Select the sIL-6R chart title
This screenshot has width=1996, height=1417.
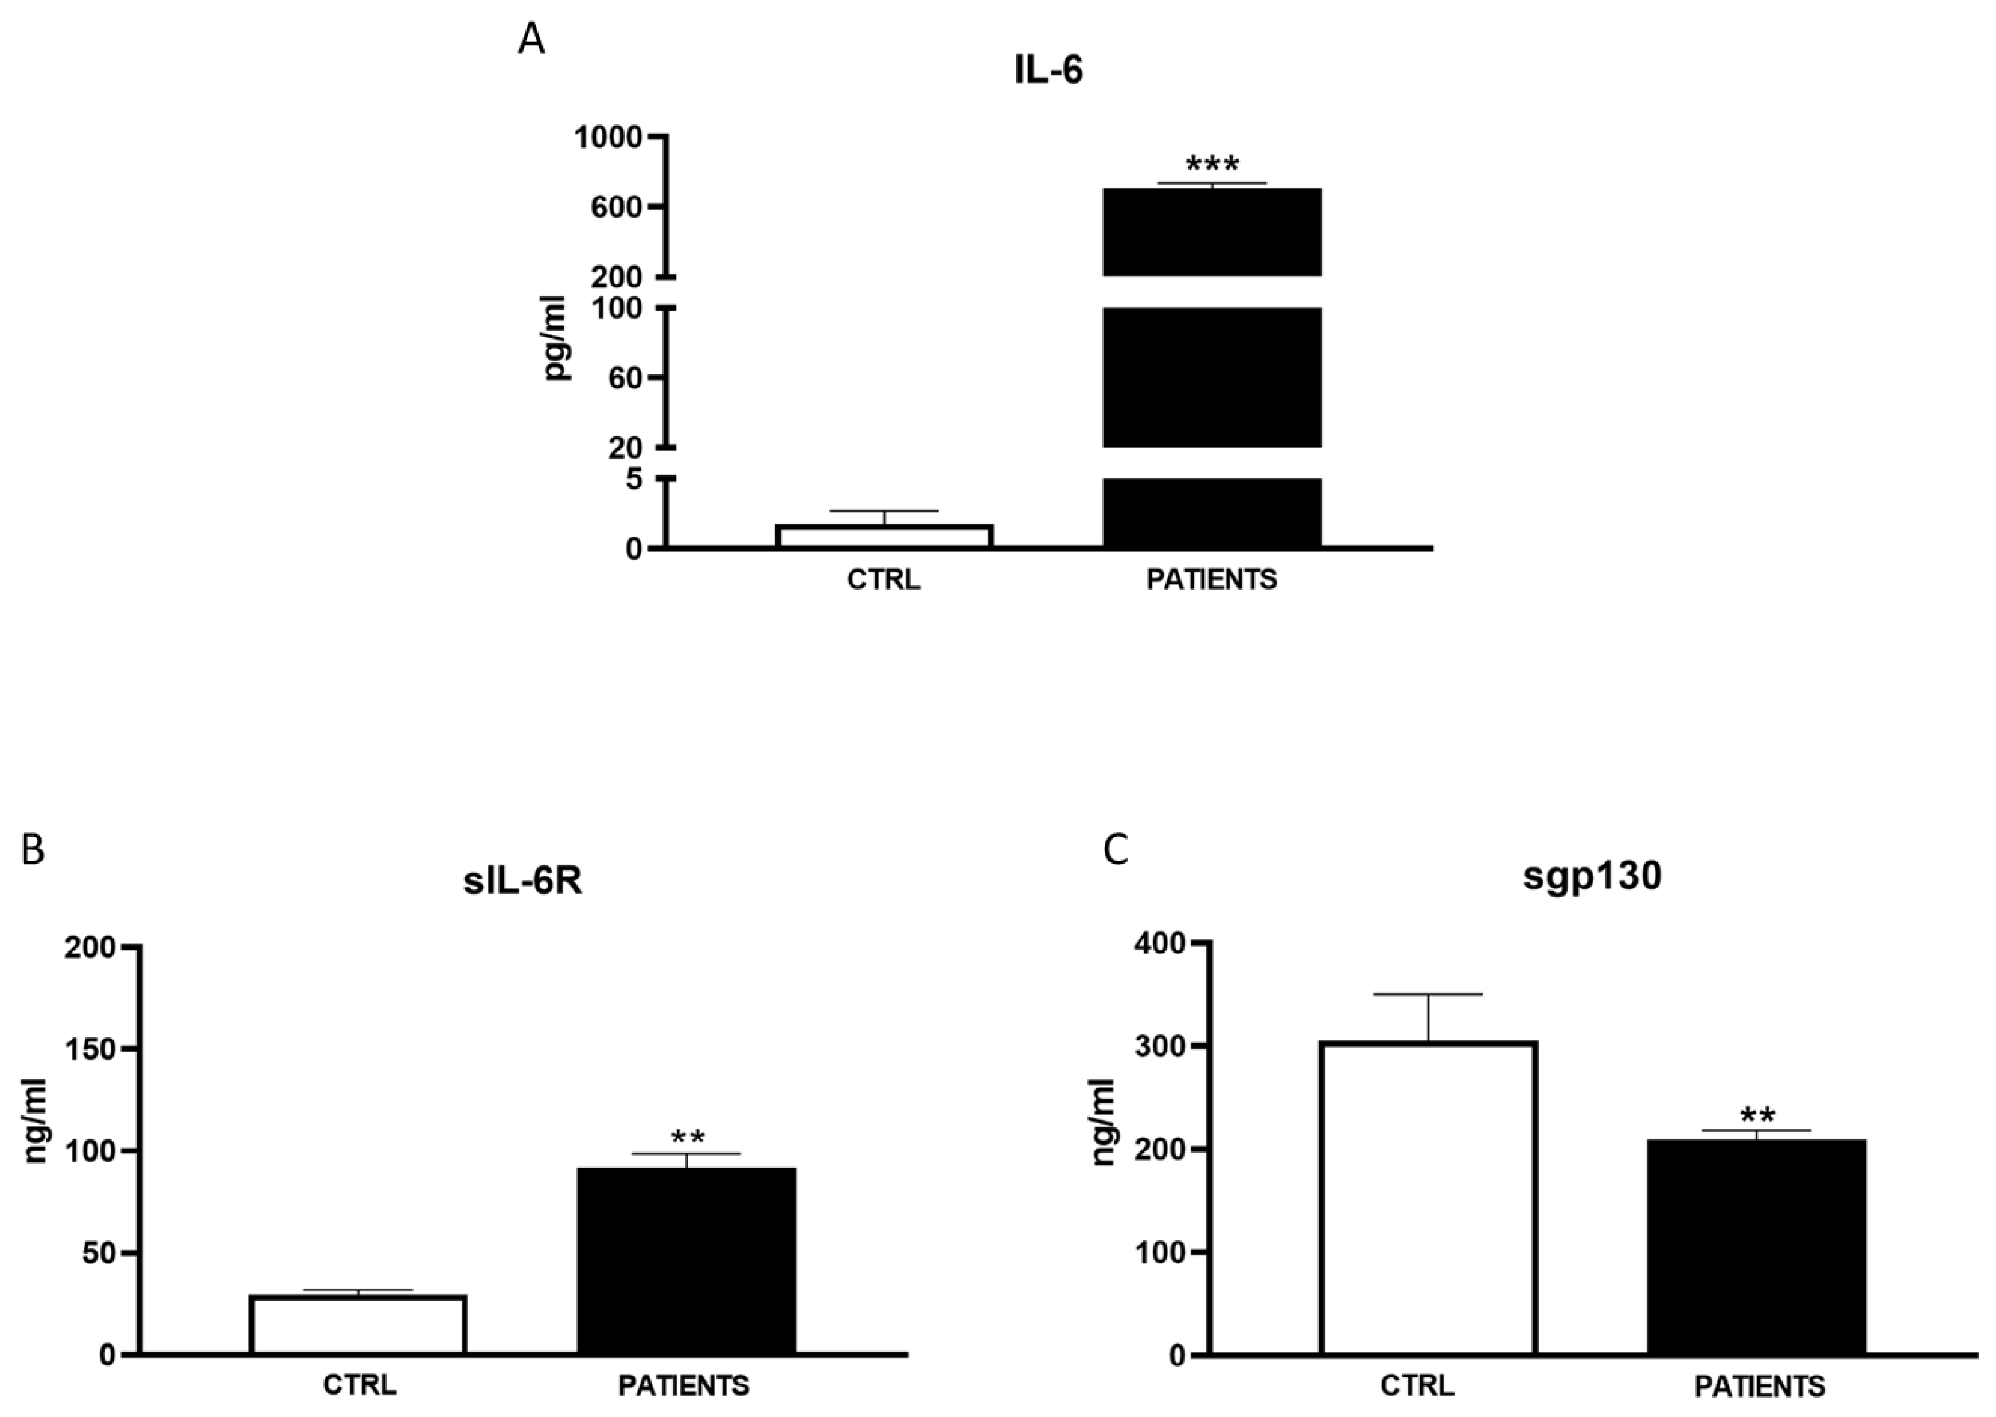[523, 881]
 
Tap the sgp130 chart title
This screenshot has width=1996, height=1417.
[1592, 876]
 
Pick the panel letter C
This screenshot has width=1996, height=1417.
[1116, 849]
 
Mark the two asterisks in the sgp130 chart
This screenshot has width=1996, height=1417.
[1757, 1116]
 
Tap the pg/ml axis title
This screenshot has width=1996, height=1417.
[555, 338]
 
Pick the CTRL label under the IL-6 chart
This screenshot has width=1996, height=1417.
[883, 579]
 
